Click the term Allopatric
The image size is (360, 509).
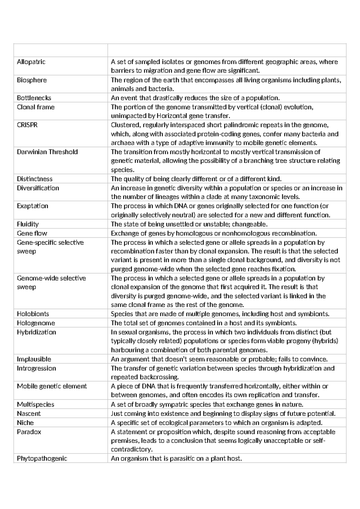(x=31, y=62)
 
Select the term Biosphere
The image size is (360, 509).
(x=32, y=80)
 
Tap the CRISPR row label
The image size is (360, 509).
(x=27, y=125)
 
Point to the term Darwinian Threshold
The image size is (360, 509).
(x=47, y=152)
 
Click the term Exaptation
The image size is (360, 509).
(x=32, y=206)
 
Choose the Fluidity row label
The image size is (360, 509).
(x=28, y=224)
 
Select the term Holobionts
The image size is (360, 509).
(x=33, y=314)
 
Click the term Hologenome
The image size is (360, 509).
(x=36, y=323)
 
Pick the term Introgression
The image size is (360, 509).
(x=36, y=368)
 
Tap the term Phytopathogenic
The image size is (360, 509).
(x=42, y=458)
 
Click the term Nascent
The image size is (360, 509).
(x=29, y=414)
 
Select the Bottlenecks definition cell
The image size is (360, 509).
(x=195, y=98)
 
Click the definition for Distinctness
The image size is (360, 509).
(x=196, y=179)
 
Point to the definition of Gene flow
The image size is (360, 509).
(x=214, y=233)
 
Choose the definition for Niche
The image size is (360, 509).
(x=216, y=423)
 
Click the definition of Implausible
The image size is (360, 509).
(x=219, y=359)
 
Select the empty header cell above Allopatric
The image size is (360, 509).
(x=61, y=50)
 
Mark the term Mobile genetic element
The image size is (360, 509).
(x=52, y=386)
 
